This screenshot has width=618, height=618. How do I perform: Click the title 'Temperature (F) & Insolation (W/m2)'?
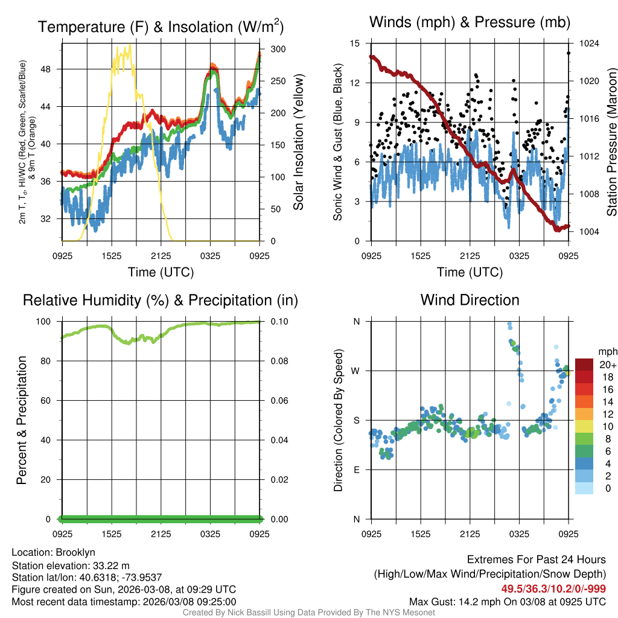pyautogui.click(x=161, y=27)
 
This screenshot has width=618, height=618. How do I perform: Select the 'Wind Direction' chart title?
pyautogui.click(x=470, y=300)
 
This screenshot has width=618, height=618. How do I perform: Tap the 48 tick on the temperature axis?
pyautogui.click(x=51, y=69)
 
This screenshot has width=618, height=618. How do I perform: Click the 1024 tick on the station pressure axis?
pyautogui.click(x=588, y=43)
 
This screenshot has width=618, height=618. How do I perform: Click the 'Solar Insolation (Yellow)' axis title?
pyautogui.click(x=298, y=142)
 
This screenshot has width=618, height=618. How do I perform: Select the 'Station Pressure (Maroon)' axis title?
pyautogui.click(x=611, y=142)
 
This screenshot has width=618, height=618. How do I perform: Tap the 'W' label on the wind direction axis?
pyautogui.click(x=355, y=371)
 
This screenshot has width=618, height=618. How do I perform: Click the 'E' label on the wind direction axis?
pyautogui.click(x=356, y=470)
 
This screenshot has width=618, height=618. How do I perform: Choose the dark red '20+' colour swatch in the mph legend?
pyautogui.click(x=584, y=365)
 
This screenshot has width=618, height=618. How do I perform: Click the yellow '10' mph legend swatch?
pyautogui.click(x=584, y=426)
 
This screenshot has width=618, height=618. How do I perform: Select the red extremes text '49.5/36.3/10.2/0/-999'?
pyautogui.click(x=553, y=588)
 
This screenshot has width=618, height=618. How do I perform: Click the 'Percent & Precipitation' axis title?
pyautogui.click(x=21, y=420)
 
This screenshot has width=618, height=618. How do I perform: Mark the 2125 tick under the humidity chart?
pyautogui.click(x=161, y=535)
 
